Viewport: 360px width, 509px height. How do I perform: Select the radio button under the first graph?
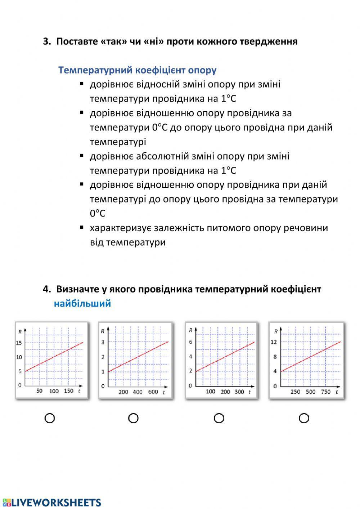(x=50, y=418)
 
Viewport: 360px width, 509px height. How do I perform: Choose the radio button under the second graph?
(x=133, y=418)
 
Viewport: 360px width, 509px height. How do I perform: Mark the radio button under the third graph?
(x=219, y=418)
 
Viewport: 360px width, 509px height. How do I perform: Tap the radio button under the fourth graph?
(x=304, y=418)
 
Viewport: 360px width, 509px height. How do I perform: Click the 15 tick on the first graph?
(x=19, y=343)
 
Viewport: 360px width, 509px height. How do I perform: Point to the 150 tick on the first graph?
(x=68, y=391)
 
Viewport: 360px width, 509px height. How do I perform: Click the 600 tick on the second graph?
(x=153, y=392)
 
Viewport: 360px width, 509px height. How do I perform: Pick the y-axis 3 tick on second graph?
(x=103, y=342)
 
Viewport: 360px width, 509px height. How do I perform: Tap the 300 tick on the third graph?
(x=239, y=392)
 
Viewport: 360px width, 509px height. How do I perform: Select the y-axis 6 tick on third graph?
(x=190, y=342)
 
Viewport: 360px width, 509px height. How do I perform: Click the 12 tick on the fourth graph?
(x=274, y=342)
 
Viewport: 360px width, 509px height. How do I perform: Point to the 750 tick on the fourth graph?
(x=325, y=392)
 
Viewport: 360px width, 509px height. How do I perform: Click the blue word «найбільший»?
(x=82, y=303)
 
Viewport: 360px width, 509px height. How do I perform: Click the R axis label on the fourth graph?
(x=276, y=331)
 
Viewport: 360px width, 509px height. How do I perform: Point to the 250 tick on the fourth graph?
(x=295, y=392)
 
